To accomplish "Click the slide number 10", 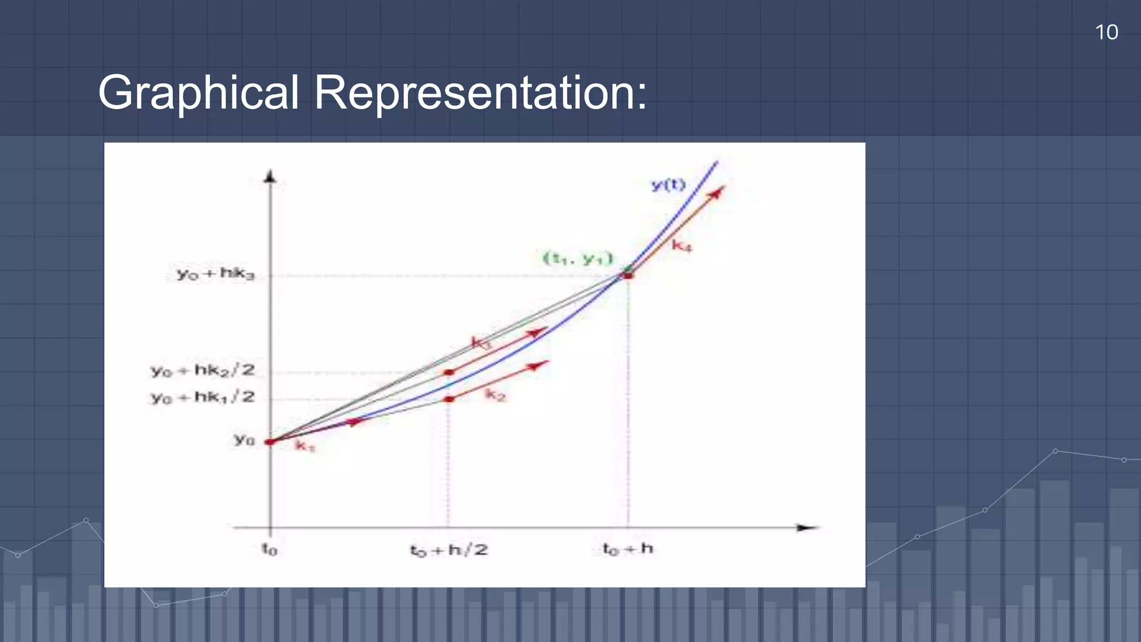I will (x=1106, y=32).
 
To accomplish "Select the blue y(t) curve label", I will (x=668, y=184).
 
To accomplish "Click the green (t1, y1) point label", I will (x=578, y=259).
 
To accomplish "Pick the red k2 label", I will (x=495, y=395).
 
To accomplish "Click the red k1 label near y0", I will (x=305, y=446).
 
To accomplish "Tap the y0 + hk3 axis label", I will (x=216, y=274).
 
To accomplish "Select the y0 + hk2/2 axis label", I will (x=203, y=371).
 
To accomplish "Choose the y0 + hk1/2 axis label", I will (x=203, y=397).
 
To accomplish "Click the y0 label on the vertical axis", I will (x=244, y=440).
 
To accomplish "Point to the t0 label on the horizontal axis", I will (x=270, y=549).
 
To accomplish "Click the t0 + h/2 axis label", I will (x=449, y=551).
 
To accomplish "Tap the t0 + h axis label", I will (x=628, y=549).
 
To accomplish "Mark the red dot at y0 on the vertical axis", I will (x=270, y=442).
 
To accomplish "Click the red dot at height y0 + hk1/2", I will (x=450, y=399).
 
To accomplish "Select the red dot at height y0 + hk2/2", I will (x=450, y=372).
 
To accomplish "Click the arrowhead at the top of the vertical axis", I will (x=270, y=177).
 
